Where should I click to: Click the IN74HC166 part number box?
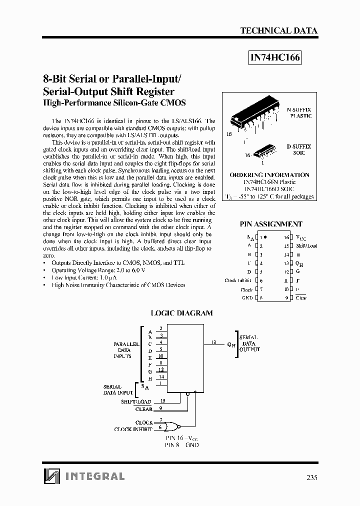click(274, 58)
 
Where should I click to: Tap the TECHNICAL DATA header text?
click(278, 30)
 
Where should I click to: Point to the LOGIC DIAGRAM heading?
click(181, 313)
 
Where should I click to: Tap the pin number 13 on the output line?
click(214, 342)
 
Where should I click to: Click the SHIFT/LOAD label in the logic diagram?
click(136, 401)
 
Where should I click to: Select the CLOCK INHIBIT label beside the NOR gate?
click(133, 429)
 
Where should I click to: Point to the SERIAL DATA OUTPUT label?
click(249, 343)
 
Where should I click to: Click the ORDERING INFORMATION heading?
click(269, 175)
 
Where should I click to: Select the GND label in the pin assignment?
click(246, 297)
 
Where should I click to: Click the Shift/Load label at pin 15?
click(306, 246)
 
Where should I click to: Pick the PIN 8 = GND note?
click(181, 444)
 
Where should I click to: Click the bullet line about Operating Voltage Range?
click(98, 270)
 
